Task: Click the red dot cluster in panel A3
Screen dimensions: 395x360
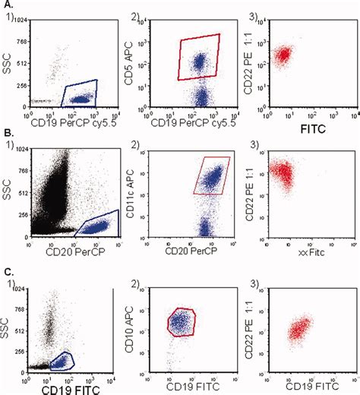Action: pos(283,55)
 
